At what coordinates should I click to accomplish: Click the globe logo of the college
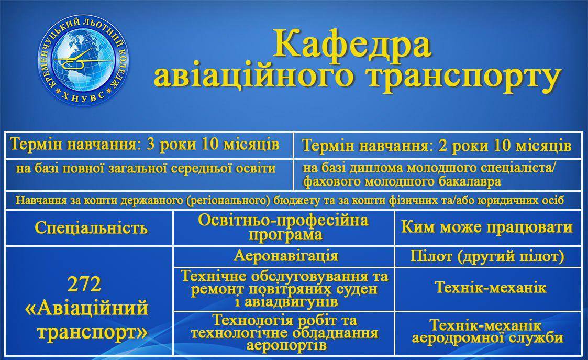(83, 60)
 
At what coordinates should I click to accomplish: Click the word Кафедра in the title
(352, 45)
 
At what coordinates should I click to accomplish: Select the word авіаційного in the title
(253, 77)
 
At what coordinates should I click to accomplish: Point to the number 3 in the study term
(150, 144)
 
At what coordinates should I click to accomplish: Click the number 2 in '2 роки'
(442, 146)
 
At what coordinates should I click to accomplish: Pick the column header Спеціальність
(91, 227)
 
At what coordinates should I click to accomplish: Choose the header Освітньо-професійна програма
(283, 227)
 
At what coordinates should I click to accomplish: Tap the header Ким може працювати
(487, 227)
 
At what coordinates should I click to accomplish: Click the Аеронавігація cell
(286, 256)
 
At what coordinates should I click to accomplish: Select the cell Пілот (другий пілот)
(487, 256)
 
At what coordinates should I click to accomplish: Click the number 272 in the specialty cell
(84, 284)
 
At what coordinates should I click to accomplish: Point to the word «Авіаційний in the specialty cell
(86, 309)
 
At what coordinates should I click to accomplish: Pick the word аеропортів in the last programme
(286, 345)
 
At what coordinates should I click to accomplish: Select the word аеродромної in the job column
(451, 337)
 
